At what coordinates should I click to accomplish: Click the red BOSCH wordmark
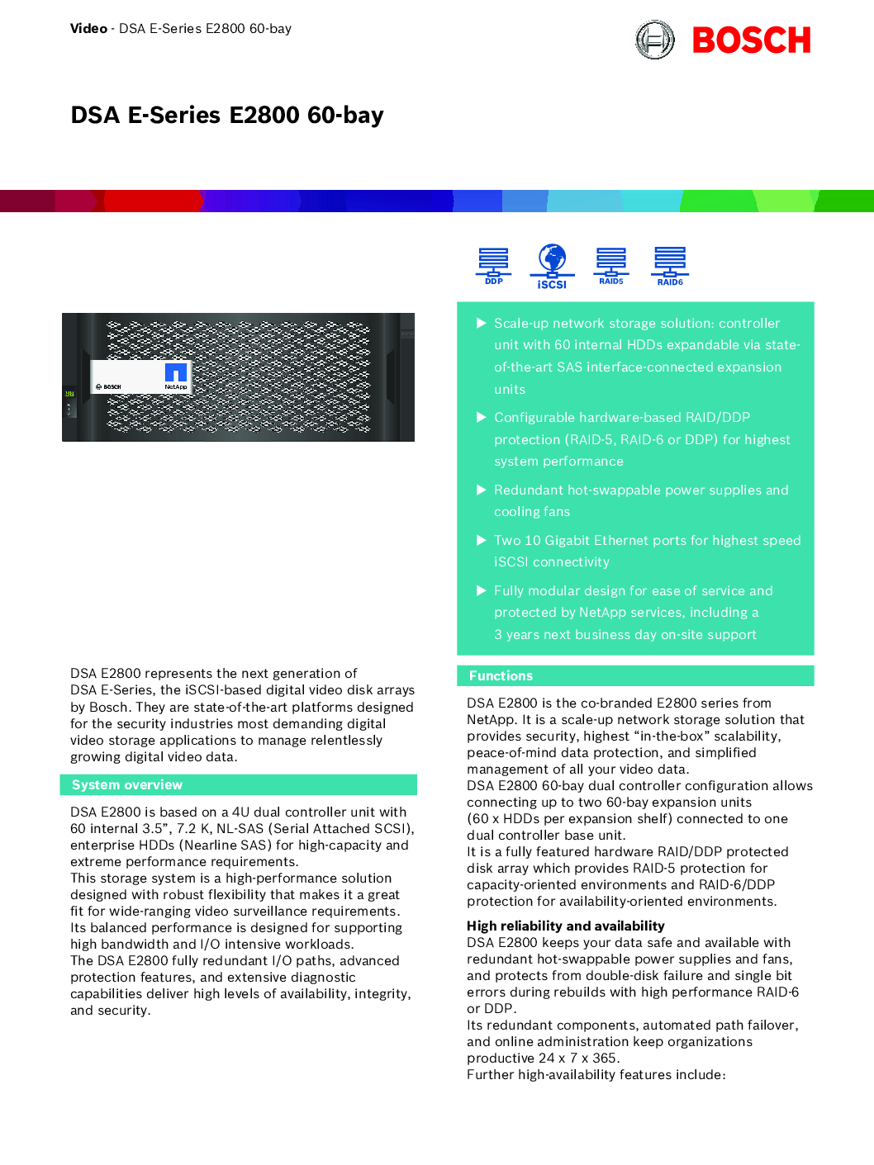[751, 40]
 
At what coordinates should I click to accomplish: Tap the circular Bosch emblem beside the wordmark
[655, 40]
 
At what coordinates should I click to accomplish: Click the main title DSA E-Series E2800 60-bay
[227, 115]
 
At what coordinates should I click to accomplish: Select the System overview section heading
[127, 784]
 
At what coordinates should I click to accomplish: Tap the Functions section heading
[501, 675]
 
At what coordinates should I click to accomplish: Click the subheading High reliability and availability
[565, 926]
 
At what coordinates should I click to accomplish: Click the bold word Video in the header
[88, 29]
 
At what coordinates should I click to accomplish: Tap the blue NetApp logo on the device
[176, 372]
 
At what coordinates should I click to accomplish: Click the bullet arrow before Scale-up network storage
[481, 323]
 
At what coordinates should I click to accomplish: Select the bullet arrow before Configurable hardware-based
[481, 417]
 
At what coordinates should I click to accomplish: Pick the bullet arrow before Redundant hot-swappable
[481, 490]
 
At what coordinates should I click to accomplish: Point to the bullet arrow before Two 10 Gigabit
[481, 540]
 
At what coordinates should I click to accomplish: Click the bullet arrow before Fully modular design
[481, 590]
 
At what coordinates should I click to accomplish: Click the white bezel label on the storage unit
[140, 376]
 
